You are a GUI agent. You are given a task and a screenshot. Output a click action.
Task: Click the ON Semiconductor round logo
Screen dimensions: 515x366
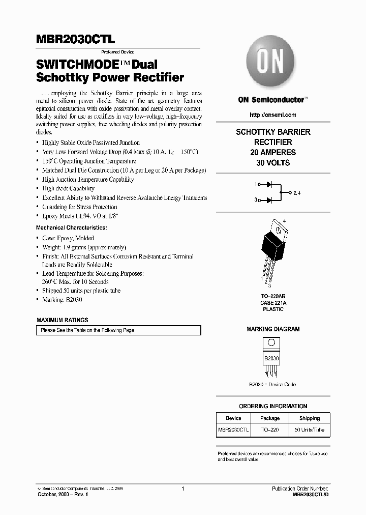tap(270, 64)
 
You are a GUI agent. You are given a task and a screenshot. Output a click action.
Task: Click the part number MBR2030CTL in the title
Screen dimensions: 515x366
tap(76, 39)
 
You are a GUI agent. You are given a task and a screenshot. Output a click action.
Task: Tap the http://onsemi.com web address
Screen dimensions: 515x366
tap(273, 115)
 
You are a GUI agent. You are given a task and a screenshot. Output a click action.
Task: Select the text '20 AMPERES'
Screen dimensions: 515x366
tap(273, 152)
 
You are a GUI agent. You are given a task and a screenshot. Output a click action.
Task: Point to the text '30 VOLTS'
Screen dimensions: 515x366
tap(273, 163)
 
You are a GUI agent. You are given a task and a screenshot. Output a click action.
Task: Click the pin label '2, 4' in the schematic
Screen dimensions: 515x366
tap(297, 193)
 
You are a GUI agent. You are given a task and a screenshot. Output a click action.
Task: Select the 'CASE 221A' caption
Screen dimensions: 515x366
tap(273, 302)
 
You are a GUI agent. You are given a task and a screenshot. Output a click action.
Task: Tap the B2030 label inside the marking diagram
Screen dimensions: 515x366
tap(271, 359)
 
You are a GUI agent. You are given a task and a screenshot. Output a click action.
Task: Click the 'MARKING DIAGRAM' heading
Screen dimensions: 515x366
tap(273, 329)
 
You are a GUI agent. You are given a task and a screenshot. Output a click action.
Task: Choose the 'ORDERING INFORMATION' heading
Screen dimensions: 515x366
tap(273, 406)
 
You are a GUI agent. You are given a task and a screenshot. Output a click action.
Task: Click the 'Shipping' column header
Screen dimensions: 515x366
tap(309, 418)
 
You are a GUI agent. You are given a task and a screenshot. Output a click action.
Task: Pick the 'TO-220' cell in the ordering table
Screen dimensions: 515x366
tap(270, 430)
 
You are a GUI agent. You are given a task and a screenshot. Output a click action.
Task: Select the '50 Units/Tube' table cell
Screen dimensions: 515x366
tap(309, 430)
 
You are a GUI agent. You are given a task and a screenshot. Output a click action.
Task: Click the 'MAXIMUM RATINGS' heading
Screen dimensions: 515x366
tap(63, 320)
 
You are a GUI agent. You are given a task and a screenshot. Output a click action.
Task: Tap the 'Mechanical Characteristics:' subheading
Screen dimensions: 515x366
tap(72, 227)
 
